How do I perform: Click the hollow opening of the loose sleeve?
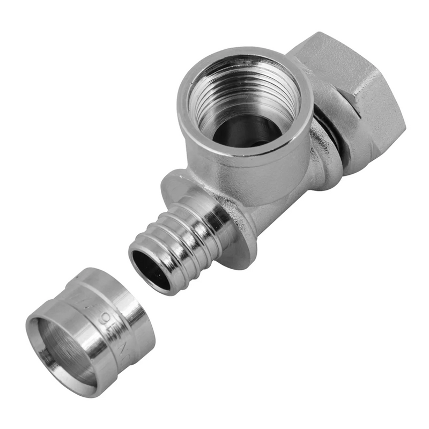pyautogui.click(x=59, y=349)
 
